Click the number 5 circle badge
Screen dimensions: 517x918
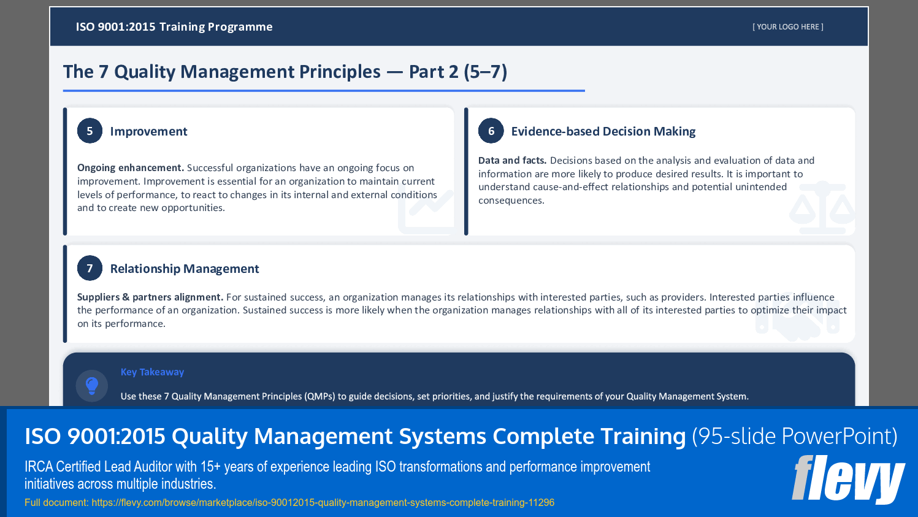[90, 131]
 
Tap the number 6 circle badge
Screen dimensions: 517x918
[491, 131]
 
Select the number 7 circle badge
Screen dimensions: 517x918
[90, 269]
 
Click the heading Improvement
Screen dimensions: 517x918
[148, 131]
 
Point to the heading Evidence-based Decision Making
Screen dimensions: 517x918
[603, 131]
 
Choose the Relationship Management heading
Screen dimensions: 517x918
[184, 269]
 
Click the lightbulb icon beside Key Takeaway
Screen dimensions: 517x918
[92, 385]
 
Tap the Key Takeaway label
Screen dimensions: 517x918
[152, 372]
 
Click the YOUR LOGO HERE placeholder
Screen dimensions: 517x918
[787, 27]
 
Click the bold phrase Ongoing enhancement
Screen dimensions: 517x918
[130, 168]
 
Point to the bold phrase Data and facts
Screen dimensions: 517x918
[512, 161]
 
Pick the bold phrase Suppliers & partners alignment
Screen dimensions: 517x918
[150, 297]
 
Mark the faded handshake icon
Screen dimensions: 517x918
[797, 325]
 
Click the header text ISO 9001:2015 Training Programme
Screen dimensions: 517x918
[174, 27]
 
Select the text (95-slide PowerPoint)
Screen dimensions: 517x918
[794, 436]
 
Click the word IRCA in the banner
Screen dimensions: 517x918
[39, 467]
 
